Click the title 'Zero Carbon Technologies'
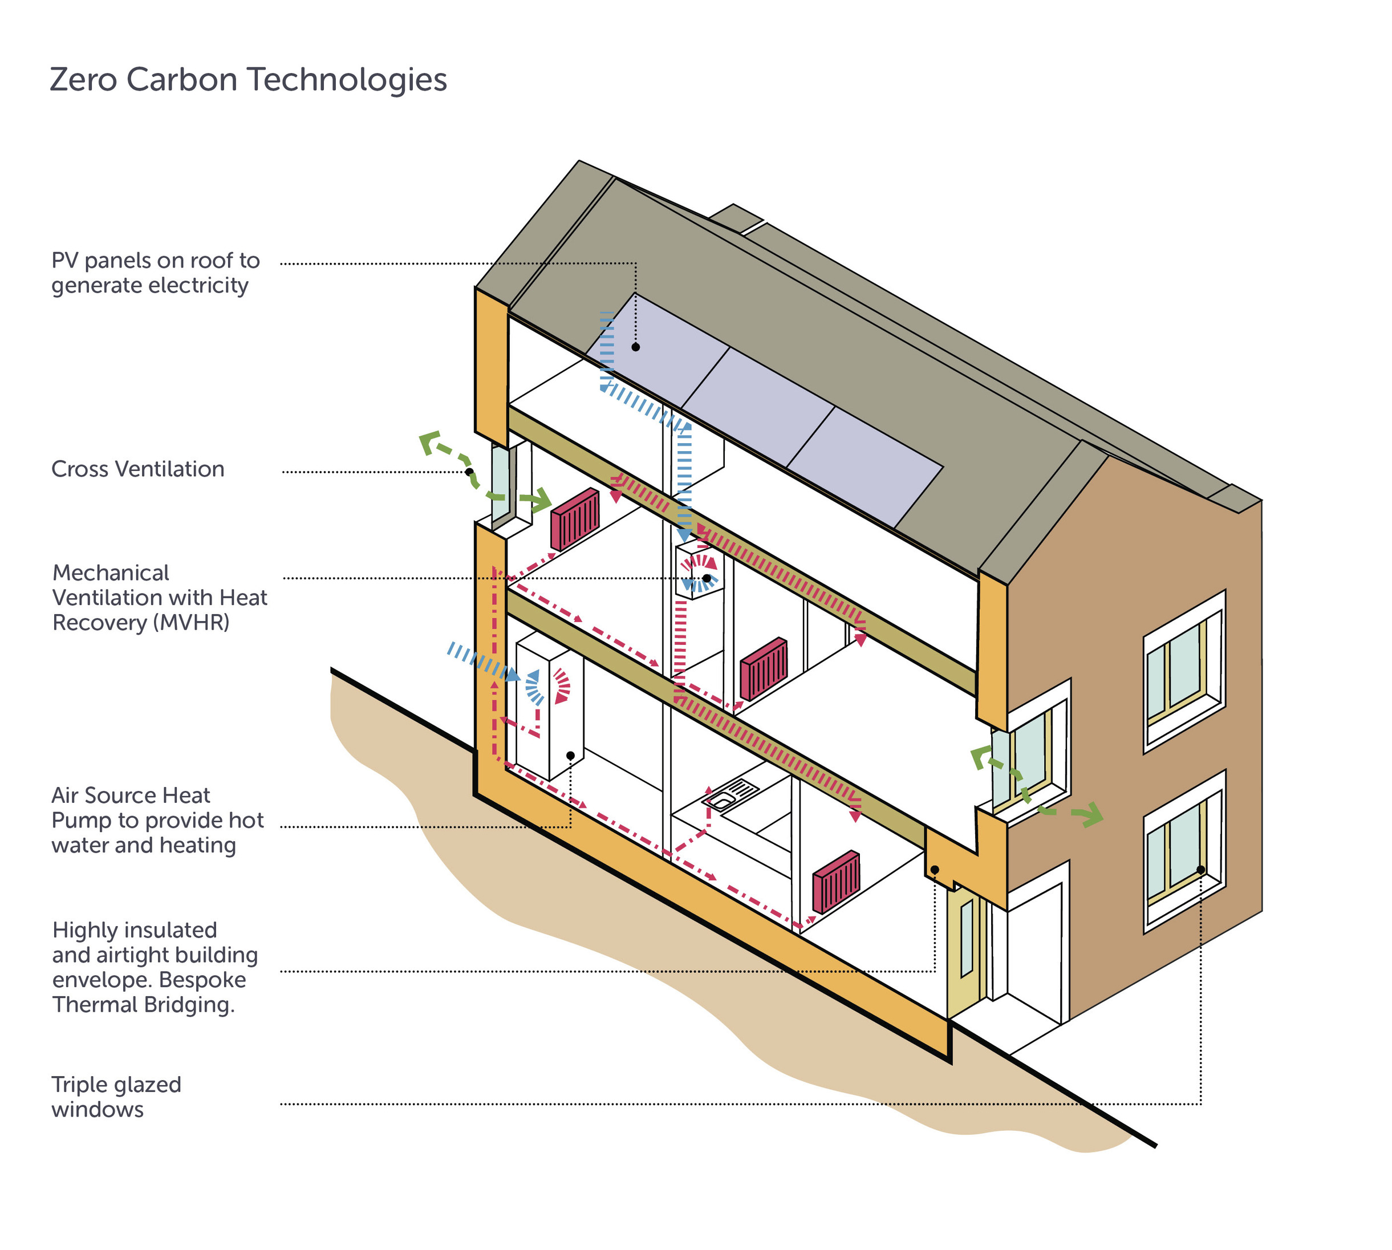pos(248,80)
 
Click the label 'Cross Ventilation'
pos(138,469)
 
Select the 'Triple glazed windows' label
pos(116,1096)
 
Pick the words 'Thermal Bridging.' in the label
pos(144,1004)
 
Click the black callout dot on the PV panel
pos(635,347)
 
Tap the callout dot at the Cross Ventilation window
pos(469,472)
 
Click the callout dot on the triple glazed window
pos(1200,870)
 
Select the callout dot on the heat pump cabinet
pos(570,756)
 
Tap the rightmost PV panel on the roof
pos(865,466)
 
